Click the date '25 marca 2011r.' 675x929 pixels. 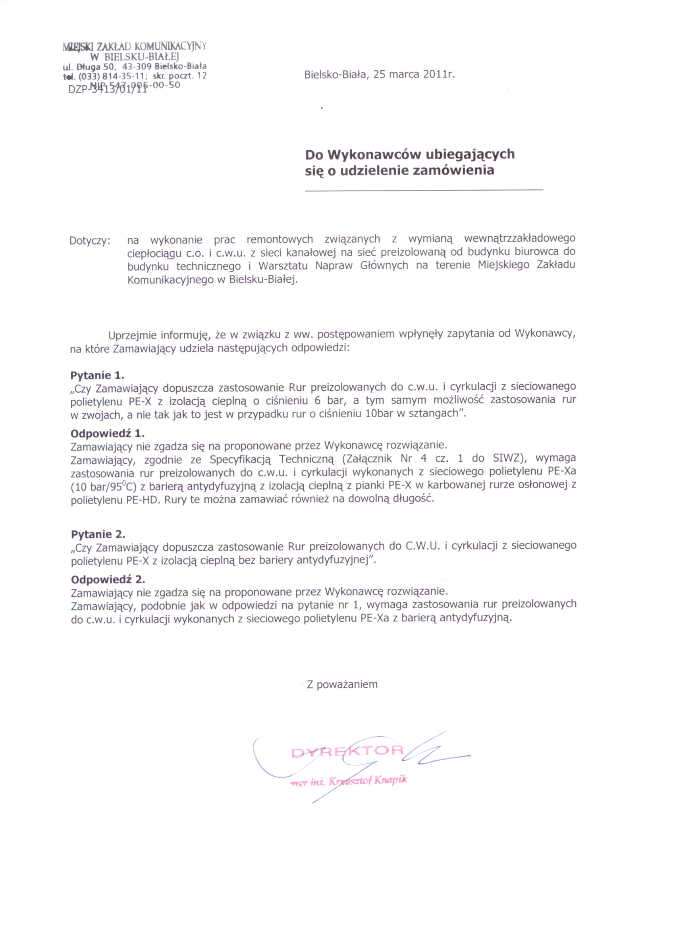point(414,75)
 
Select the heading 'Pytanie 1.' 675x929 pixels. point(97,375)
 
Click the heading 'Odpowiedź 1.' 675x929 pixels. point(107,434)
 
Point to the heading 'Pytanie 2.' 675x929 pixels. point(98,534)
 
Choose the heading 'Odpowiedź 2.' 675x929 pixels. point(108,580)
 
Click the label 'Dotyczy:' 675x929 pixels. point(90,241)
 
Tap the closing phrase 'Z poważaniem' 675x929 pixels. point(342,684)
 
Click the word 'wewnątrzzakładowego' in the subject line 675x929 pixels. point(520,238)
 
